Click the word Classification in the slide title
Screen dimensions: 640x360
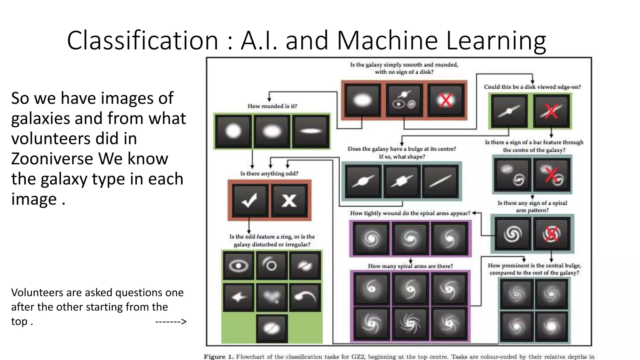[x=142, y=40]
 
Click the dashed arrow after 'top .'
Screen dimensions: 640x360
[x=171, y=321]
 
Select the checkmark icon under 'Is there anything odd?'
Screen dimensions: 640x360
[x=250, y=200]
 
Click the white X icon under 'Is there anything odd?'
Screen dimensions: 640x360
[x=289, y=200]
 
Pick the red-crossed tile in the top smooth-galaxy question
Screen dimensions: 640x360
[x=445, y=100]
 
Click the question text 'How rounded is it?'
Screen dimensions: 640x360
[x=272, y=106]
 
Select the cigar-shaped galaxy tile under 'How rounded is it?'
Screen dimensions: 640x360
[x=310, y=131]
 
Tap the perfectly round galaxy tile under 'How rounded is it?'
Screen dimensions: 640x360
[x=233, y=131]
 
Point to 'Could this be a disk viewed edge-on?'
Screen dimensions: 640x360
[x=532, y=87]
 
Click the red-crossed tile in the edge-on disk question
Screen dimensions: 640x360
[x=551, y=111]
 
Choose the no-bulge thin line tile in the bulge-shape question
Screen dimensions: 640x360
[x=440, y=181]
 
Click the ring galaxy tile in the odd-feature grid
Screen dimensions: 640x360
[x=238, y=266]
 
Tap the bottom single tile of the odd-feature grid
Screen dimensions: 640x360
[x=271, y=328]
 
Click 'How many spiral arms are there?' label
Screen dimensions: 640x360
[x=410, y=266]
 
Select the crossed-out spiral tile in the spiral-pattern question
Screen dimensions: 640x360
[x=551, y=234]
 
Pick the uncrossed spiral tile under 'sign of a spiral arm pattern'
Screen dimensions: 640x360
[x=512, y=234]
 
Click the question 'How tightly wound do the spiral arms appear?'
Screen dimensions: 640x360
[x=410, y=213]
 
